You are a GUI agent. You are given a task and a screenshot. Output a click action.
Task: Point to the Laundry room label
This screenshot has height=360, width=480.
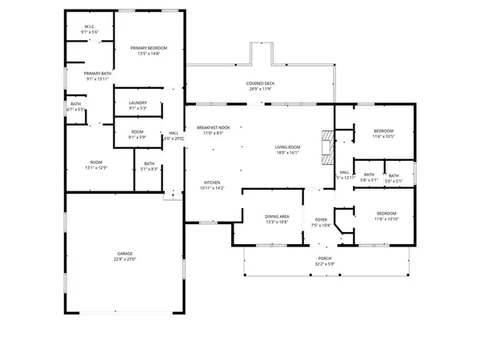coord(137,105)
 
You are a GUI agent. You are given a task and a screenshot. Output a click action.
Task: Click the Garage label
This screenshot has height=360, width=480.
coord(125,254)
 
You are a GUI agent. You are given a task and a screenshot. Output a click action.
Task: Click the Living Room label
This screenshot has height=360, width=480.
coord(287,147)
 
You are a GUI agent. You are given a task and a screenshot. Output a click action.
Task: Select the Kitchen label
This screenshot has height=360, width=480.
coord(212,183)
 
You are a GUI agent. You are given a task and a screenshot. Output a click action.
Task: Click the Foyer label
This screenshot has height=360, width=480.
coord(320,220)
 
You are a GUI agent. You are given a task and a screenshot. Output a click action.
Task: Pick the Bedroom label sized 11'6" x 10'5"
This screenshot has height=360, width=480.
coord(383,130)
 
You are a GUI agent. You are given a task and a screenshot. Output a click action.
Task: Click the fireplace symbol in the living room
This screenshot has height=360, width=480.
coord(325,147)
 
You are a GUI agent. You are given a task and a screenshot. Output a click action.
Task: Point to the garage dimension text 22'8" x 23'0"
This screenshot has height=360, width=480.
coord(125,258)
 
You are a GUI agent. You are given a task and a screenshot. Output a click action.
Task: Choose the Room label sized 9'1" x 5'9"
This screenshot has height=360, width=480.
coord(137,133)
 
